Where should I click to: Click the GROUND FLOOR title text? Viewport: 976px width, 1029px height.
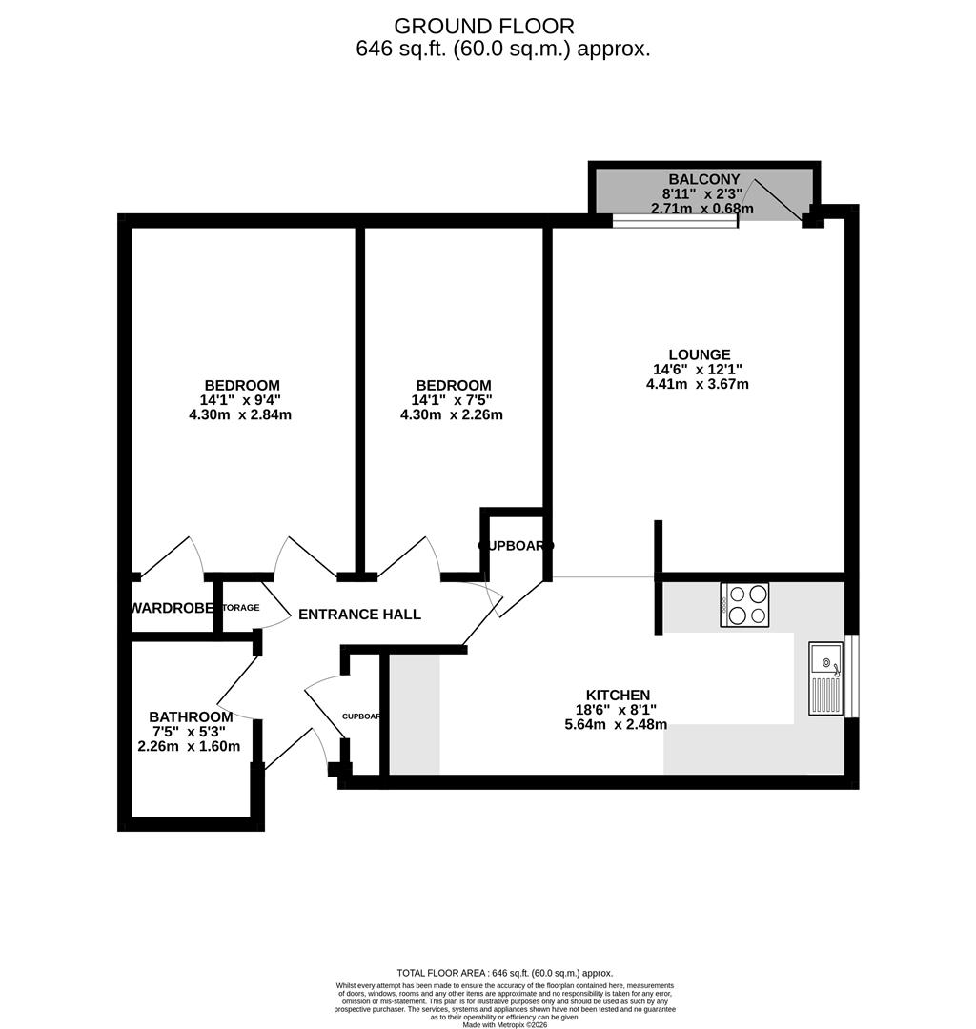(484, 26)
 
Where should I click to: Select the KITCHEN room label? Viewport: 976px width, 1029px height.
(618, 696)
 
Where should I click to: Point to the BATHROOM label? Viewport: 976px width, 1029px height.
(191, 716)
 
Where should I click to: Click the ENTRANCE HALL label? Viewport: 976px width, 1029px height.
(359, 615)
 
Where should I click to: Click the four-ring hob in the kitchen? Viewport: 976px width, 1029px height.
(745, 604)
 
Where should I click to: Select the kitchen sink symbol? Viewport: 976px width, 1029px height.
(825, 678)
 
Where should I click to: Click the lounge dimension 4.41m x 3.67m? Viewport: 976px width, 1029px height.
(697, 384)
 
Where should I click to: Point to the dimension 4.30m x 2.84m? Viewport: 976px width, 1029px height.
(240, 414)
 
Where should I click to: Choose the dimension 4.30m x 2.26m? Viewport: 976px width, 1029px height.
(451, 414)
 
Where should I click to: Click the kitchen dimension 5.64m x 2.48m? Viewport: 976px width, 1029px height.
(616, 724)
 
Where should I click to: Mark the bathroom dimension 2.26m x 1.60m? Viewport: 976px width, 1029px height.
(189, 746)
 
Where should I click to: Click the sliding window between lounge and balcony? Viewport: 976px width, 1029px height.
(674, 222)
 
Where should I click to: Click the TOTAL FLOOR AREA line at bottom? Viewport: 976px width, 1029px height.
(504, 973)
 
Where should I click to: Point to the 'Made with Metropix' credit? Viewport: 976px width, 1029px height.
(505, 1024)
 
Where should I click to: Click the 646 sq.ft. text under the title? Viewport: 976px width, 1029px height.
(502, 49)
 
